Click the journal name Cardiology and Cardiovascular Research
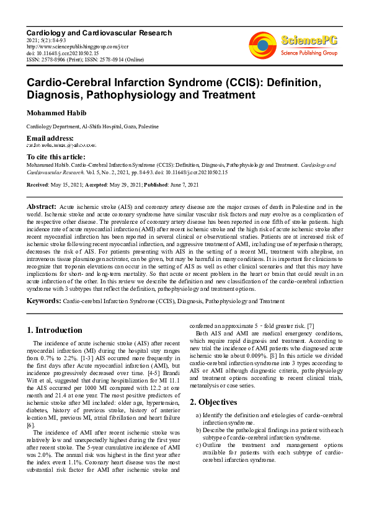click(x=99, y=32)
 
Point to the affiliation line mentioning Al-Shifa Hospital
click(x=92, y=126)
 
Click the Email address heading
click(x=50, y=138)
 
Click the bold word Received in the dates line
click(x=37, y=185)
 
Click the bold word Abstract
click(x=42, y=205)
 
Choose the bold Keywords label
click(x=44, y=301)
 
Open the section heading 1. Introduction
click(x=55, y=330)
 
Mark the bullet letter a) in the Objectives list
click(x=197, y=414)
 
